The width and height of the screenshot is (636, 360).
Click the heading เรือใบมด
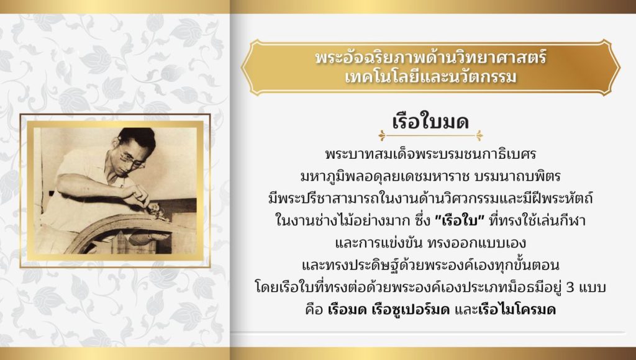(x=430, y=121)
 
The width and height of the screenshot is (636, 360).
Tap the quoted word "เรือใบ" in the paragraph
(x=460, y=221)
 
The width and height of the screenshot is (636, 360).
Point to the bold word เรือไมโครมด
(x=517, y=310)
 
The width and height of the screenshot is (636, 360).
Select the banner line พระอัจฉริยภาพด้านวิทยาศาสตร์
(x=431, y=57)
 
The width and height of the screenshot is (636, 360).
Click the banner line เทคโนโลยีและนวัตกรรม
(x=431, y=77)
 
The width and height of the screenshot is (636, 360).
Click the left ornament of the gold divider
(x=382, y=135)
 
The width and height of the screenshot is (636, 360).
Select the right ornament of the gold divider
(x=479, y=135)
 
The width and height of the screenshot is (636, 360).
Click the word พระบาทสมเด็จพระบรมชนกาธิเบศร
(x=431, y=155)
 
